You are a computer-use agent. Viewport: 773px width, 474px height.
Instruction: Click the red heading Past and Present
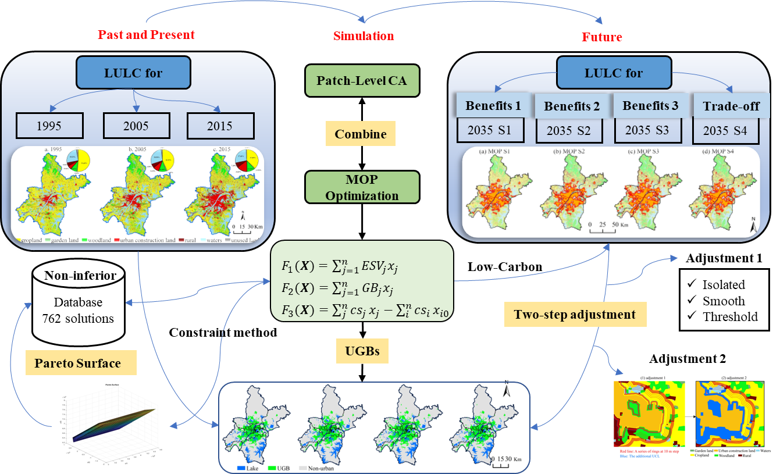click(x=146, y=34)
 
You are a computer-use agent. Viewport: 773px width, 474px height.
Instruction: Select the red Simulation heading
click(x=364, y=36)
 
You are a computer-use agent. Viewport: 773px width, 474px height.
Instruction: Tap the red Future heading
click(x=602, y=37)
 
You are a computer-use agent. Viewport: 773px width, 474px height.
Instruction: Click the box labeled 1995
click(x=50, y=126)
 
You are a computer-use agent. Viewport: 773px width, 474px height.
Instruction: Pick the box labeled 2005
click(x=136, y=126)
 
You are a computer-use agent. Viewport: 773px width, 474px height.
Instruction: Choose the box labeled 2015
click(x=220, y=126)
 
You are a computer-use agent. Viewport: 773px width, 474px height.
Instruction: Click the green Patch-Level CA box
click(x=362, y=80)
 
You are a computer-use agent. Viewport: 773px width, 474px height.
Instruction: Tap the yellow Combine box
click(x=361, y=134)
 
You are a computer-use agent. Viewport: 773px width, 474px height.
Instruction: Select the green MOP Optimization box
click(x=362, y=187)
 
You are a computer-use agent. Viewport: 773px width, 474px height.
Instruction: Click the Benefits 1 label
click(x=493, y=106)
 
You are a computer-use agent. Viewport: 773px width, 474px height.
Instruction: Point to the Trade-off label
click(x=725, y=106)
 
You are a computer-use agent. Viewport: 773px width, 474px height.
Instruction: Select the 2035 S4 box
click(x=725, y=131)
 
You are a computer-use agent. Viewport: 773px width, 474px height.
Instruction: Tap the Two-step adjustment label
click(x=575, y=315)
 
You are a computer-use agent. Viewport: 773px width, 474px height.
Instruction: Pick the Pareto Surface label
click(x=77, y=363)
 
